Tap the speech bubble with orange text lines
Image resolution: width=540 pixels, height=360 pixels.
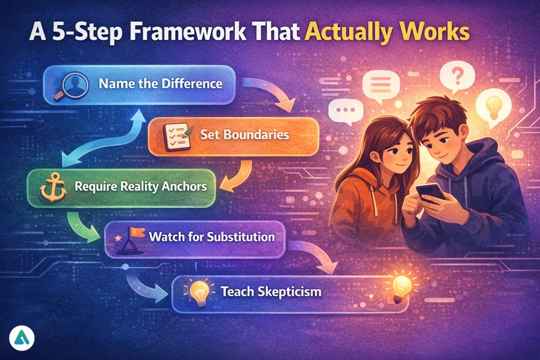coord(385,86)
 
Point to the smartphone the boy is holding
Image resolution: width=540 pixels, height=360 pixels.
coord(428,192)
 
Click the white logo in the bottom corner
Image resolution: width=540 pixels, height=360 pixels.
coord(21,340)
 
